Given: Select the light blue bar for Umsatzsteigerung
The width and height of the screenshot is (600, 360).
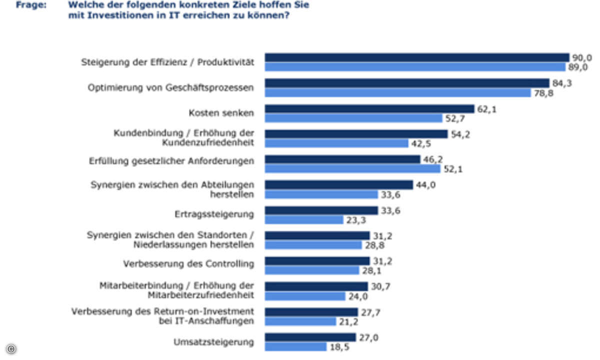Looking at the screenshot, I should point(295,346).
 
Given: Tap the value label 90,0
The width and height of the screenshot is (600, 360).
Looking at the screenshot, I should point(581,57).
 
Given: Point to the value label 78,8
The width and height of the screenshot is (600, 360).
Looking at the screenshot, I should point(543,93).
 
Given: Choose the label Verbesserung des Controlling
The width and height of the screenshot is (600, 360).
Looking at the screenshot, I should point(188,264).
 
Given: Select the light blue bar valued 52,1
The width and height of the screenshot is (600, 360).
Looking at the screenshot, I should point(352,169).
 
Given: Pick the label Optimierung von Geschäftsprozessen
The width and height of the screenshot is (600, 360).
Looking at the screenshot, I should point(170,87).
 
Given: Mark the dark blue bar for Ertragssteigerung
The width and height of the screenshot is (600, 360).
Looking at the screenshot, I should point(321,210).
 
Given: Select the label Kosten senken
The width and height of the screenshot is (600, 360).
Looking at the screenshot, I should point(221,113).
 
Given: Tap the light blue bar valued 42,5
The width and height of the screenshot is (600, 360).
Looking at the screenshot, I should point(336,143).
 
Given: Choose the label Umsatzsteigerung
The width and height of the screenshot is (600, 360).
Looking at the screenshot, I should point(213,342).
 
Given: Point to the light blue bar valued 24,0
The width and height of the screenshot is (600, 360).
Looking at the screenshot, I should point(305,296).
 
